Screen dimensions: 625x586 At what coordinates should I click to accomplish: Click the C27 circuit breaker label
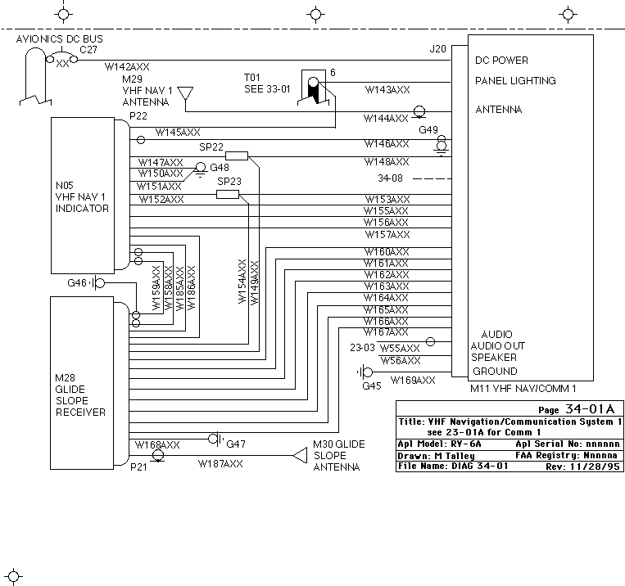[x=88, y=50]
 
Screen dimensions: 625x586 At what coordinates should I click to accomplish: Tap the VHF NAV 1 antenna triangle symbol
[x=185, y=93]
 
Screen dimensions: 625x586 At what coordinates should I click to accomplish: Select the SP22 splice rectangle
[x=237, y=156]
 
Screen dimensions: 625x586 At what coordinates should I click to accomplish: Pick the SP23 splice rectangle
[x=228, y=195]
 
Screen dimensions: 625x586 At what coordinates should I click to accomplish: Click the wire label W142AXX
[x=127, y=67]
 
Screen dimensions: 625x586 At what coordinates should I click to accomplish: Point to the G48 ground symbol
[x=200, y=169]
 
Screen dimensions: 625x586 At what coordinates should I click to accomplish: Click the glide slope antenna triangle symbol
[x=300, y=455]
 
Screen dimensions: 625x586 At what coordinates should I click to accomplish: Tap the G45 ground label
[x=372, y=385]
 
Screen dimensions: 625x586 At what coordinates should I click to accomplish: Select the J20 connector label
[x=437, y=49]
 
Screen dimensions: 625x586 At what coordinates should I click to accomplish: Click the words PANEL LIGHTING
[x=515, y=81]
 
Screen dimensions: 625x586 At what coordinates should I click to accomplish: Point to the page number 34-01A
[x=590, y=409]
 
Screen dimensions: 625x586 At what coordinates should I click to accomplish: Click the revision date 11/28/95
[x=596, y=467]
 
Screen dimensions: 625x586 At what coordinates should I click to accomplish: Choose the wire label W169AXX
[x=413, y=381]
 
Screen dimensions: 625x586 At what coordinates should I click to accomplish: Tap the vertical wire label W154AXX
[x=242, y=282]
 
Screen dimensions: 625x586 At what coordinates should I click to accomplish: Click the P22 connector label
[x=138, y=116]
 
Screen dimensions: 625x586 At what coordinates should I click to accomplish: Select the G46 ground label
[x=77, y=283]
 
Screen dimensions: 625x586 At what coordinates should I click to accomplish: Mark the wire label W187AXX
[x=220, y=464]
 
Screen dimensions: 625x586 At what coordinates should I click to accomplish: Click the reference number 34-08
[x=390, y=178]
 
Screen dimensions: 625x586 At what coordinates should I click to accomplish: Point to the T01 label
[x=252, y=77]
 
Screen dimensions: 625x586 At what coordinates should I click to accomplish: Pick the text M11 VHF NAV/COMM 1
[x=523, y=389]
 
